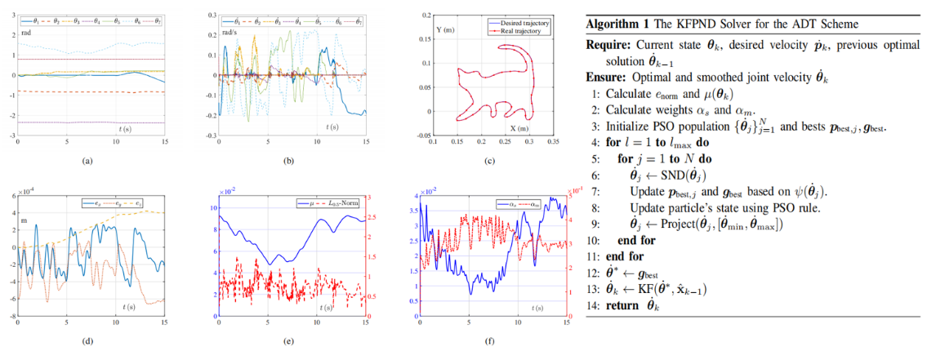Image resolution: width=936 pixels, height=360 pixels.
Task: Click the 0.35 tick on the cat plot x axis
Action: pyautogui.click(x=552, y=142)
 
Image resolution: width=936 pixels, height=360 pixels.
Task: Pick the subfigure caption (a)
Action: pyautogui.click(x=87, y=161)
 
